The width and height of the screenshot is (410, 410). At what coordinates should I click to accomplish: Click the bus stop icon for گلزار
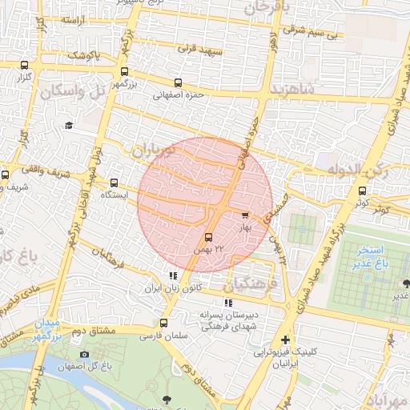click(x=24, y=66)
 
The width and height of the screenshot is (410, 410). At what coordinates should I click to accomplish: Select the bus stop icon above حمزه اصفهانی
click(x=177, y=82)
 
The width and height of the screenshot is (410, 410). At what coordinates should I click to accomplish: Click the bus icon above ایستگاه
click(x=114, y=183)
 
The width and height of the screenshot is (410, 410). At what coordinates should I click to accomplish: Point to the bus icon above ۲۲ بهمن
click(x=208, y=238)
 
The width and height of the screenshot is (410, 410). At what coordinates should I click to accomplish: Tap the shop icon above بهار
click(x=245, y=215)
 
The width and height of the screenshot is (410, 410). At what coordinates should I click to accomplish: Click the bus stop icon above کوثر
click(x=363, y=191)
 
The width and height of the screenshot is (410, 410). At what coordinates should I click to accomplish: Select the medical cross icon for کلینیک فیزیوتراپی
click(x=285, y=340)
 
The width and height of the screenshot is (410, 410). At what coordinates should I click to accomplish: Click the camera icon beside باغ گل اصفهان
click(x=85, y=355)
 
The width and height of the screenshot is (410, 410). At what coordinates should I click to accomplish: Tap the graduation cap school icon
click(x=69, y=125)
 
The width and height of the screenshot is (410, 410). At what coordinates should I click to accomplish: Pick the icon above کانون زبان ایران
click(x=173, y=275)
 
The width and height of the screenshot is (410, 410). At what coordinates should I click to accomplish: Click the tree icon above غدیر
click(x=407, y=283)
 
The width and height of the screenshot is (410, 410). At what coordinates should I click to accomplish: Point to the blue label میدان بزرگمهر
click(x=46, y=329)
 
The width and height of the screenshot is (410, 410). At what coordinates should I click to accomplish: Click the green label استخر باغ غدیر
click(x=373, y=255)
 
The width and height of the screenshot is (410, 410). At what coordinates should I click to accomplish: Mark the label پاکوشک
click(x=82, y=54)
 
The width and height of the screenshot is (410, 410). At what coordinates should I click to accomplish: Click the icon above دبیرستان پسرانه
click(x=228, y=303)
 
